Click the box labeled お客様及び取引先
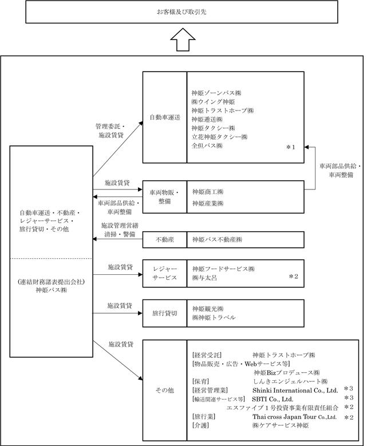(184, 11)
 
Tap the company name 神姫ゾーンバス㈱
(216, 92)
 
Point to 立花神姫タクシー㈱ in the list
(219, 137)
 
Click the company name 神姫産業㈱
(208, 203)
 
